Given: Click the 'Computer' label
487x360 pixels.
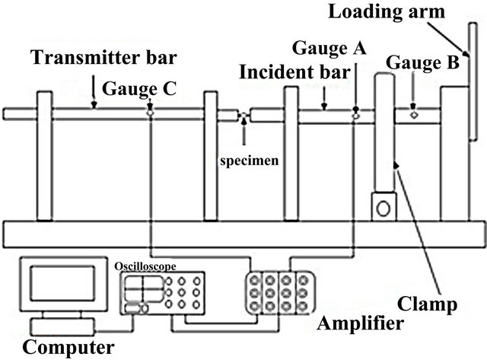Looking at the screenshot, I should (x=68, y=348).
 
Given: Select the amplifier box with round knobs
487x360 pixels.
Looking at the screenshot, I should (x=278, y=291).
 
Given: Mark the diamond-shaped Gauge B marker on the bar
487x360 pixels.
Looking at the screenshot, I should (x=413, y=116).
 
